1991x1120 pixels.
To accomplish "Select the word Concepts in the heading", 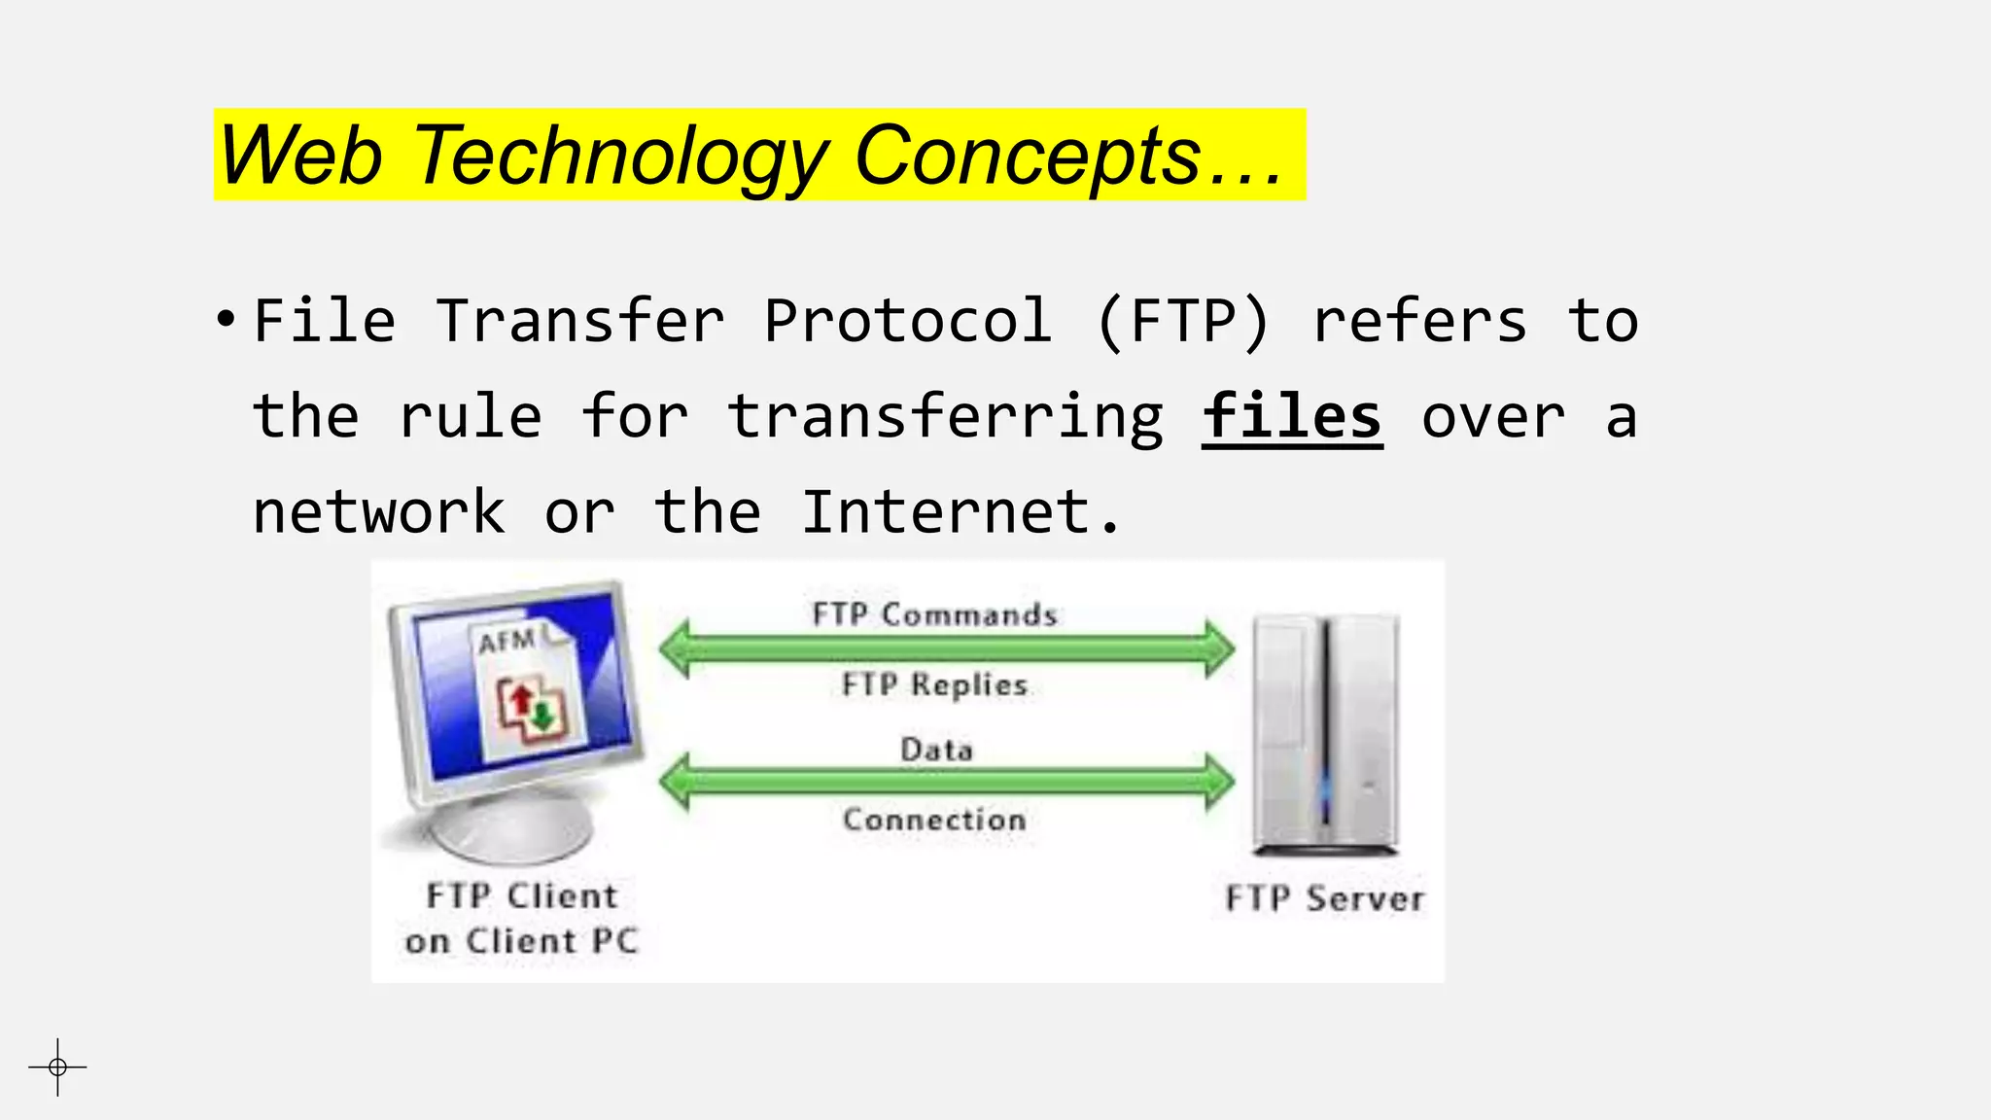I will click(1028, 156).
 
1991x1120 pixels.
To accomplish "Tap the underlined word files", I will click(1291, 418).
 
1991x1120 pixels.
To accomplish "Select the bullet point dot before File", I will click(226, 319).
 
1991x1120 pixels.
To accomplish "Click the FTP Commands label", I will click(934, 614).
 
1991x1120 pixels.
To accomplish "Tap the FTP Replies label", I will click(934, 684).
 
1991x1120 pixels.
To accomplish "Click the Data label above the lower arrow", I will click(936, 750).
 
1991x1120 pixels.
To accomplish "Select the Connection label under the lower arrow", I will click(934, 820).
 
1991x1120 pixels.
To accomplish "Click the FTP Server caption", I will click(1324, 898).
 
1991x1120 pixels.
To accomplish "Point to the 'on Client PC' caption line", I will click(522, 941).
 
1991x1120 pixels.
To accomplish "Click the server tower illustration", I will click(1325, 734).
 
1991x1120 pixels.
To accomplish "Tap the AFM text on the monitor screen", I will click(506, 642).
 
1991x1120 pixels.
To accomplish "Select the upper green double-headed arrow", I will click(946, 648).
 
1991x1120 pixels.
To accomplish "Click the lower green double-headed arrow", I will click(946, 782).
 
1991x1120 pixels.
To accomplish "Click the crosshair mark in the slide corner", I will click(57, 1067).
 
